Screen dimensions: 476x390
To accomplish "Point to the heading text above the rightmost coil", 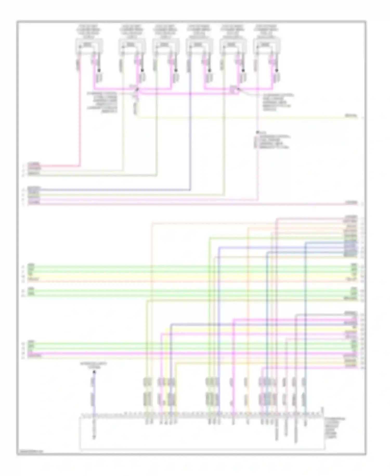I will coord(267,32).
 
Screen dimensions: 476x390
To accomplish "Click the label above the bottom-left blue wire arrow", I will coord(94,365).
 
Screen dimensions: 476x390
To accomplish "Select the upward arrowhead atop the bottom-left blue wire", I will coord(94,372).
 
